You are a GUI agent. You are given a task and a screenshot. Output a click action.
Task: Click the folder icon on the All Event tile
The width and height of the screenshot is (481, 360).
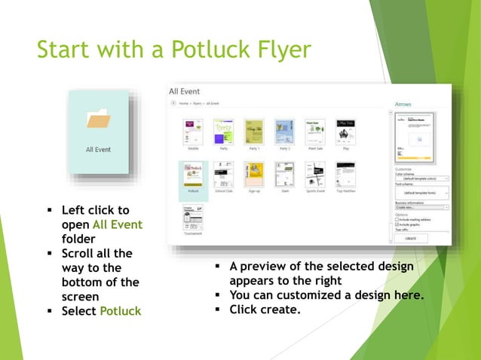coord(98,120)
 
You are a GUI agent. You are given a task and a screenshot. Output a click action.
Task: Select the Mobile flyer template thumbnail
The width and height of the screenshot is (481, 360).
coord(194,131)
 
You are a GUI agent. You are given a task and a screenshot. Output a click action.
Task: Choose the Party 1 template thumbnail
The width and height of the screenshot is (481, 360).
coord(253,131)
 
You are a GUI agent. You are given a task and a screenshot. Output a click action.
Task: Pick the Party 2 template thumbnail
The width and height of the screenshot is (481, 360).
coord(284,131)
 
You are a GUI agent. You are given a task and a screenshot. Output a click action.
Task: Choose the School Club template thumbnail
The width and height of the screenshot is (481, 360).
coord(223,175)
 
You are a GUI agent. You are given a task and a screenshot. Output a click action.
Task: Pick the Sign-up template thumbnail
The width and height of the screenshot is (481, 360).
coord(253,175)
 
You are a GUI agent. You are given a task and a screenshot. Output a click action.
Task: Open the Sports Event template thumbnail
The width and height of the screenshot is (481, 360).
coord(315,175)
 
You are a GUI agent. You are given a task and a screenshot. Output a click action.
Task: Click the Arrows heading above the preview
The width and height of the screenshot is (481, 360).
coord(403,104)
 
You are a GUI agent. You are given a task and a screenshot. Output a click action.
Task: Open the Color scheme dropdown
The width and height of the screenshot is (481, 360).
coord(421,179)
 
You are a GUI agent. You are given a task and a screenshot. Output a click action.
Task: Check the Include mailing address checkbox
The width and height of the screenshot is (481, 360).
coord(397,219)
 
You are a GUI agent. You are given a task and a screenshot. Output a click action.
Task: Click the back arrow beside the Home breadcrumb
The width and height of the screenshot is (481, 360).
coord(173,102)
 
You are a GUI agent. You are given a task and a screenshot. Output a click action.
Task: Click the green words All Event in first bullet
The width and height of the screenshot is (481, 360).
coord(117,224)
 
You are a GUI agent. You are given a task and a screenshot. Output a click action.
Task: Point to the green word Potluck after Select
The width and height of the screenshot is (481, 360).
coord(120,310)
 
